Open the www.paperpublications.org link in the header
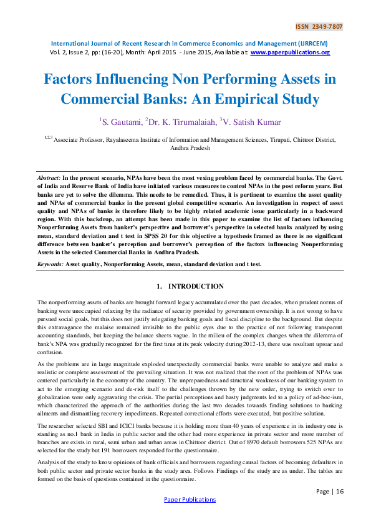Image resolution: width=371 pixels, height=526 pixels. (290, 52)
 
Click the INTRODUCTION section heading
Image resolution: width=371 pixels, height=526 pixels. (196, 287)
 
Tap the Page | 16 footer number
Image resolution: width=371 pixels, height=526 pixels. (330, 491)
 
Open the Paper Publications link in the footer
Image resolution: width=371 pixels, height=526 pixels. (189, 500)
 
